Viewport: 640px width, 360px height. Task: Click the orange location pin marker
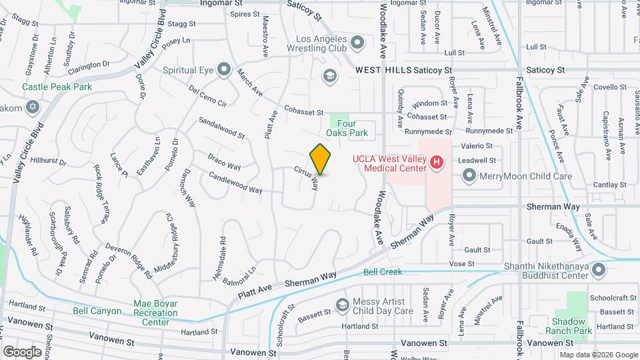click(x=321, y=159)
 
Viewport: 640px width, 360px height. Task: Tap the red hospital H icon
click(x=437, y=162)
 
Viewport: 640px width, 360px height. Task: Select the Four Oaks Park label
click(x=352, y=128)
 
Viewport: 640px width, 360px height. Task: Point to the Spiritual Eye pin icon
click(x=224, y=69)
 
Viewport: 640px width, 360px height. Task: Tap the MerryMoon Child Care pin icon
click(x=469, y=175)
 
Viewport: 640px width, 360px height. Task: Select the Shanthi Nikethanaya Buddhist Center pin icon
click(x=599, y=270)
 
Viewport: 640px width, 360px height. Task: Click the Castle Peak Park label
click(x=57, y=87)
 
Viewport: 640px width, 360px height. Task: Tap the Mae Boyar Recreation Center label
click(x=155, y=313)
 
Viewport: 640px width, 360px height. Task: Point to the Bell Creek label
click(x=383, y=272)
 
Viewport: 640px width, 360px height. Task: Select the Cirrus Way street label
click(x=306, y=178)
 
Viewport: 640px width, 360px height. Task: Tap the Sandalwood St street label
click(x=222, y=128)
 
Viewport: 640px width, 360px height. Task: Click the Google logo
click(x=22, y=351)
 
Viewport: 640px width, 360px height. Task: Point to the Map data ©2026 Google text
click(x=598, y=355)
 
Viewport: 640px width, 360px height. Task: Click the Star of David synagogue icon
click(x=32, y=107)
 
